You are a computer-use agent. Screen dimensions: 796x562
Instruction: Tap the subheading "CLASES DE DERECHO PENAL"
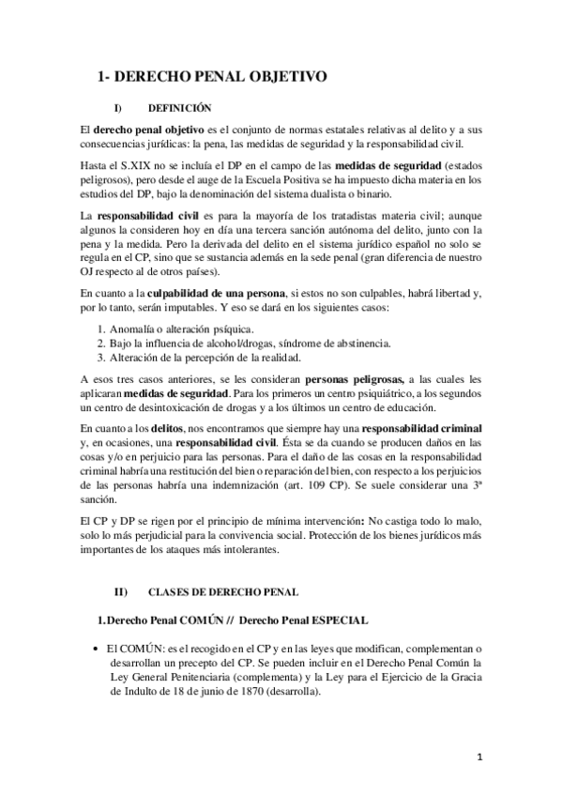pos(223,592)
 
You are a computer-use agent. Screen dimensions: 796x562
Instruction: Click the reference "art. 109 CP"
pos(387,488)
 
